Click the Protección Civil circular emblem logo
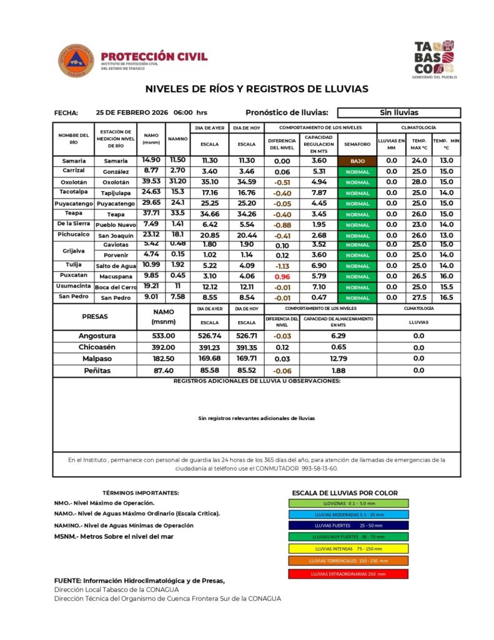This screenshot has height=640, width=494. point(76,61)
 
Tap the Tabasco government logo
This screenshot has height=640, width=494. point(434,59)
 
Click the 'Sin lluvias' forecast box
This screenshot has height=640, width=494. point(398,113)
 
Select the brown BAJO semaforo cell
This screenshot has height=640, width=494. point(357,161)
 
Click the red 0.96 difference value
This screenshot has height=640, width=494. point(282,276)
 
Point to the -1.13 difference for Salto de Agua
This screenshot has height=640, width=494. point(282,266)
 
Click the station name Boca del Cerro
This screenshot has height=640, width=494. point(116,287)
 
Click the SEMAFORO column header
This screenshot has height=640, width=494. point(357,144)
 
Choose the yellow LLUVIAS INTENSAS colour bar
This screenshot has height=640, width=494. point(348,548)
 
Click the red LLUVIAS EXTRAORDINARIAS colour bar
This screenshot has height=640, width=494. point(348,574)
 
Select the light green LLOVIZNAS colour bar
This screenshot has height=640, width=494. point(348,503)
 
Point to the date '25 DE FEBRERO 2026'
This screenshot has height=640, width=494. point(132,113)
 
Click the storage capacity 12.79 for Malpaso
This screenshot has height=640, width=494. point(338,359)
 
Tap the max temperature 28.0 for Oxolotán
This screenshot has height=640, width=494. point(419,182)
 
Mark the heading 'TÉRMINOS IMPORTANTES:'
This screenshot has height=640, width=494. point(141,493)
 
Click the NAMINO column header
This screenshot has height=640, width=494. point(178,138)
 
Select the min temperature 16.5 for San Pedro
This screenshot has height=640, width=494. point(446,297)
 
